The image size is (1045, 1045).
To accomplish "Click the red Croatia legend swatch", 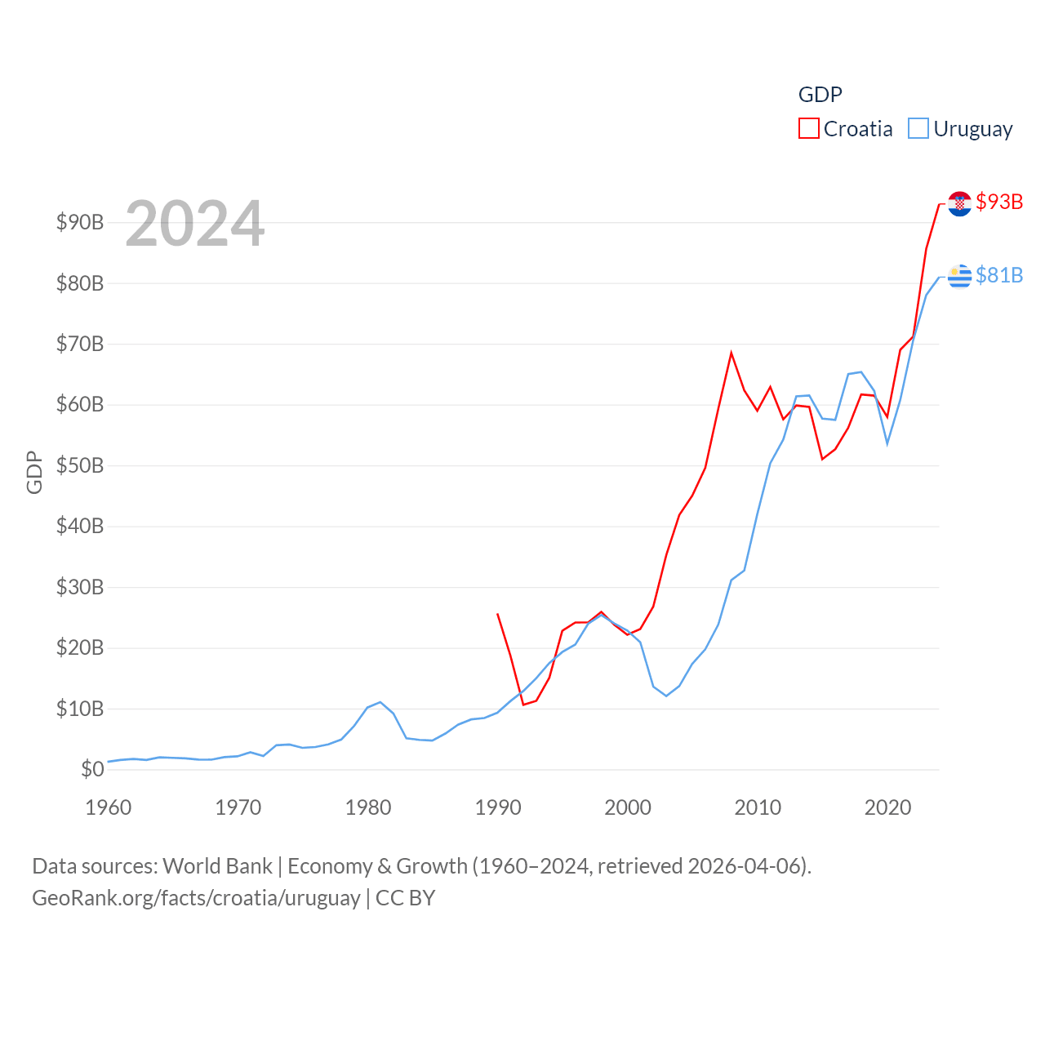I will tap(808, 129).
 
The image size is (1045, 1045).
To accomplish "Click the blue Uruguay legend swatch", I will tap(918, 129).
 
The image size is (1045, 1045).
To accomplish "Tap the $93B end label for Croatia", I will tap(999, 202).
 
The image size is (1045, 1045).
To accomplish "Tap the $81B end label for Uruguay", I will tap(999, 275).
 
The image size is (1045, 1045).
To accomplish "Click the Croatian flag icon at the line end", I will tap(959, 203).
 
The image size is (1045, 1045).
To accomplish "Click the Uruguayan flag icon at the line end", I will tap(959, 277).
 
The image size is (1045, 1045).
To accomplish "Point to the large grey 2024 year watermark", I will tap(194, 224).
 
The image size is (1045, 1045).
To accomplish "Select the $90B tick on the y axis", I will tap(80, 222).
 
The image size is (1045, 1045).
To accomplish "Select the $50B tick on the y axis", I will tap(80, 465).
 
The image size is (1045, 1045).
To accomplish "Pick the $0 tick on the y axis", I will tap(92, 769).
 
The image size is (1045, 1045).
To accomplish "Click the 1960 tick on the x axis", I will tap(109, 807).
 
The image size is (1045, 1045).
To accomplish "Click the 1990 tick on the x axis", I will tap(498, 807).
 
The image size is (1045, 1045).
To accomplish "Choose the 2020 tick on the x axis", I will tap(887, 807).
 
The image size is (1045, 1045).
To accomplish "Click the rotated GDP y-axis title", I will tap(34, 472).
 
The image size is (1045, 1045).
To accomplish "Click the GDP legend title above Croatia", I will tap(820, 95).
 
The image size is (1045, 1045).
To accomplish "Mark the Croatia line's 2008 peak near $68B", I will tap(731, 354).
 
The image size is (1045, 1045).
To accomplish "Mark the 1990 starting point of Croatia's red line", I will tap(497, 614).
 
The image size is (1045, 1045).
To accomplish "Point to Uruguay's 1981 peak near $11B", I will tap(380, 702).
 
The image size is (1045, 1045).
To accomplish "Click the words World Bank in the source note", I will tap(217, 865).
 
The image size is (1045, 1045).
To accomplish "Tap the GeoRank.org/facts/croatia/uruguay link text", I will tap(196, 898).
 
